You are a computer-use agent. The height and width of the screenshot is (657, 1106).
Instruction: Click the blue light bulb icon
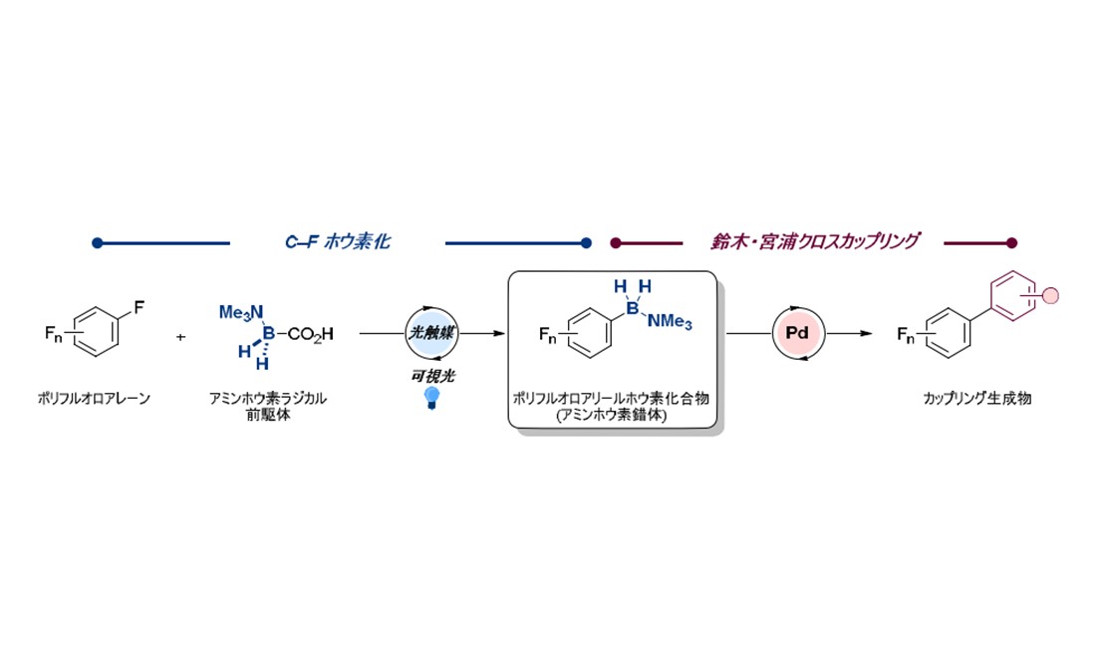point(431,397)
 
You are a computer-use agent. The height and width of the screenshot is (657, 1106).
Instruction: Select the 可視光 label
point(432,375)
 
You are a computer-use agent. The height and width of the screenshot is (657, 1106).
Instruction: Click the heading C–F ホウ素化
point(337,241)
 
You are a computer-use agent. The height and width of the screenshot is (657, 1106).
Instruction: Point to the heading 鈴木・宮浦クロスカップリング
point(812,241)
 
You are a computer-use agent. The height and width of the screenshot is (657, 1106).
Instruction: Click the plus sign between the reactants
point(180,337)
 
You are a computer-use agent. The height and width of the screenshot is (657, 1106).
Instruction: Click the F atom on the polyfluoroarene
point(138,309)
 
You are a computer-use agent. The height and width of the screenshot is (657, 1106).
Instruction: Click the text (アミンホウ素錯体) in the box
point(613,415)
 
